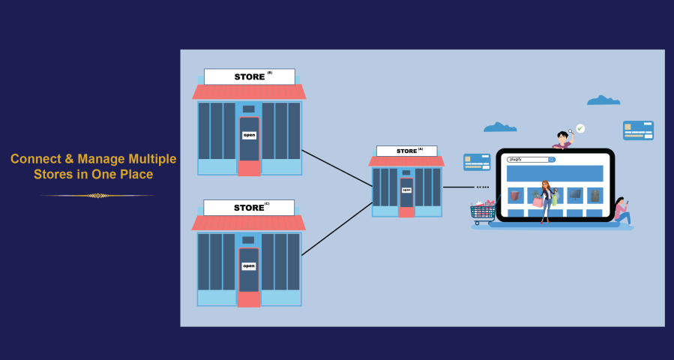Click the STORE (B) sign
(250, 76)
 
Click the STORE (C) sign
(249, 208)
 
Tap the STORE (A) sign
(406, 151)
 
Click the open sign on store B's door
(249, 136)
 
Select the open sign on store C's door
(249, 266)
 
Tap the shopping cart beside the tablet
(483, 210)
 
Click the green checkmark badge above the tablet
(580, 128)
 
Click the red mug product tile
(515, 195)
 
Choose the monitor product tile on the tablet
(575, 195)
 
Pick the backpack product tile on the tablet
(595, 195)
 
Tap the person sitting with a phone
(622, 212)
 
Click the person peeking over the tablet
(562, 139)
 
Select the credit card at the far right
(638, 130)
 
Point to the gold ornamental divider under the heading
(97, 196)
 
